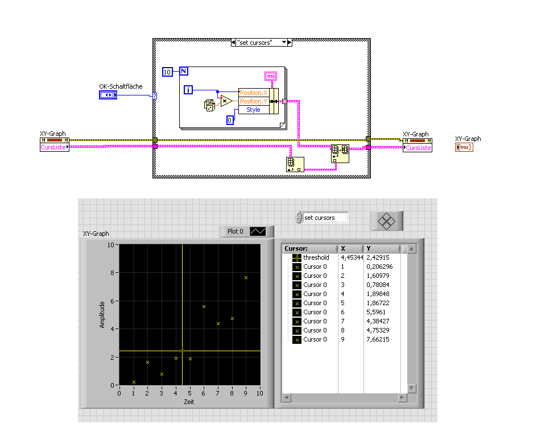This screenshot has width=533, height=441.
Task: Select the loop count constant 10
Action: [167, 72]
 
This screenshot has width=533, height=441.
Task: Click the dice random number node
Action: [209, 105]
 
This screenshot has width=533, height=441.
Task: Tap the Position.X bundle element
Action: [253, 93]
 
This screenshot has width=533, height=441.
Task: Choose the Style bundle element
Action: [253, 110]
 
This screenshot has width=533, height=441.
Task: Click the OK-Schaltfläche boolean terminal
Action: [108, 94]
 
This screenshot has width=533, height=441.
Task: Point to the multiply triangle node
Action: [226, 101]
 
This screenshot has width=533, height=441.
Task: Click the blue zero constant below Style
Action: [230, 120]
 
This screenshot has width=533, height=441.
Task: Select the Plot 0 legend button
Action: [246, 231]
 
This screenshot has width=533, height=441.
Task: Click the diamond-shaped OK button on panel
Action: [386, 220]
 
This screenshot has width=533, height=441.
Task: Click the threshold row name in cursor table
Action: [316, 257]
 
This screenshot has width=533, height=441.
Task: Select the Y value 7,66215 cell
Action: [378, 339]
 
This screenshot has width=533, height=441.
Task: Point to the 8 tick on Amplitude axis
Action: [113, 273]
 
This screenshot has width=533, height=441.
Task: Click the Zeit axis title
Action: [189, 401]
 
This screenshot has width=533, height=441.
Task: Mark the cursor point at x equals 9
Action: [246, 277]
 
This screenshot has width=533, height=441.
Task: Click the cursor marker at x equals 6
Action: [204, 307]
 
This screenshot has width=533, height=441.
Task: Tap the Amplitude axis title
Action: [102, 314]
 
